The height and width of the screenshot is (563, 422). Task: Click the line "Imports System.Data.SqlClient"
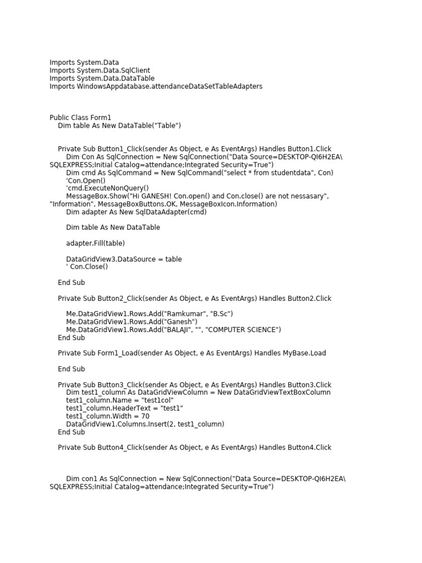point(99,70)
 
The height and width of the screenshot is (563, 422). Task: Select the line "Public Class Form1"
point(80,118)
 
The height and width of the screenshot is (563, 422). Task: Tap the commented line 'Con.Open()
point(86,180)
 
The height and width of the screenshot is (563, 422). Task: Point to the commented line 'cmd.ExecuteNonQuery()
point(107,188)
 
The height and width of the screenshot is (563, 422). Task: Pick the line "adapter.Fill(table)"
point(95,243)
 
